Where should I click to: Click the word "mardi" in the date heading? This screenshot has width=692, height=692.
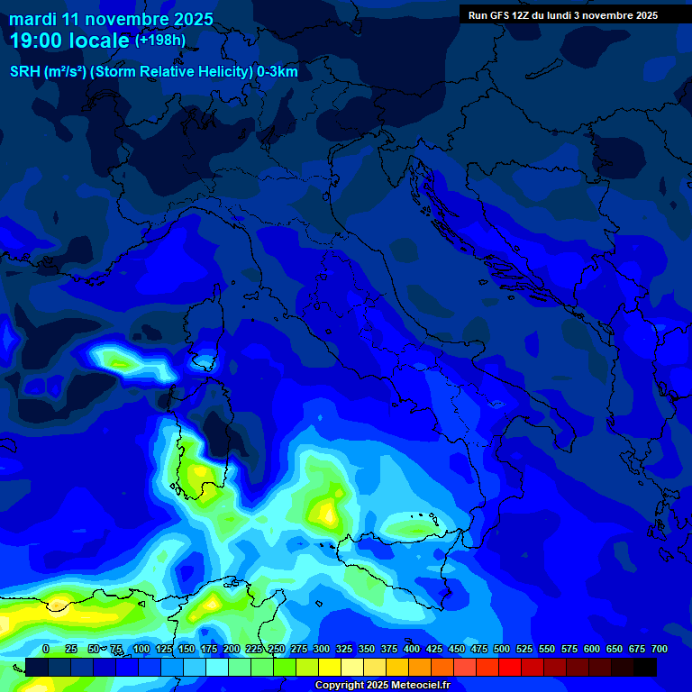(x=33, y=19)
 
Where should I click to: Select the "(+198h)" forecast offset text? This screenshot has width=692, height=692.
(x=159, y=41)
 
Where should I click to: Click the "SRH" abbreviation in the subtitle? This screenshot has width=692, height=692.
(x=24, y=72)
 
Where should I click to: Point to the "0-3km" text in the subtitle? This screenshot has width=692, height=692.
(x=277, y=72)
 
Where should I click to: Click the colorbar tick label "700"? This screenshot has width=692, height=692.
(x=659, y=650)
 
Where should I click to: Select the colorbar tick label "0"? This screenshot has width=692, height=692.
(x=46, y=650)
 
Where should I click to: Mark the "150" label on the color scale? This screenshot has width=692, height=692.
(x=187, y=650)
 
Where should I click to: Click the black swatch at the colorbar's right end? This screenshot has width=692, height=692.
(x=645, y=667)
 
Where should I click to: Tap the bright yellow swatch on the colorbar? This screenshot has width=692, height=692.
(x=330, y=667)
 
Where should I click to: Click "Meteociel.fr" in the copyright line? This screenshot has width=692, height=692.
(x=414, y=686)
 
